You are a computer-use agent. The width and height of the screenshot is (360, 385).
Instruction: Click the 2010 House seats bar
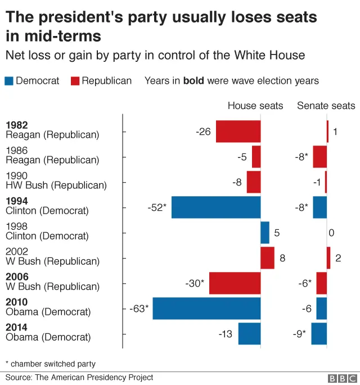click(206, 309)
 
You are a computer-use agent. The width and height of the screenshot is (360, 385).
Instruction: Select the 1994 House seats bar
click(216, 207)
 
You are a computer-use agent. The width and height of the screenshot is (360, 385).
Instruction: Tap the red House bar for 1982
click(238, 132)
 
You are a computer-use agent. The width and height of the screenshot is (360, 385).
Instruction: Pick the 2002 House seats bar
click(267, 258)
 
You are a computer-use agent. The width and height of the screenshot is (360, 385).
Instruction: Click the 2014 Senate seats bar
click(319, 334)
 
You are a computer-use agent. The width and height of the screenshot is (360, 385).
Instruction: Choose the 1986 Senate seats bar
click(320, 157)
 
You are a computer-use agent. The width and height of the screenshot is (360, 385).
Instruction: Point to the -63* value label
click(139, 309)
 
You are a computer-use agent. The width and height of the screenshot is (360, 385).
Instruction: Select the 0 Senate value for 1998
click(331, 233)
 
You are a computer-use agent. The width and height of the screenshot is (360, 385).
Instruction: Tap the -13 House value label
click(225, 334)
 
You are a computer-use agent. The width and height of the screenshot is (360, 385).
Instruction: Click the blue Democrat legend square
click(9, 81)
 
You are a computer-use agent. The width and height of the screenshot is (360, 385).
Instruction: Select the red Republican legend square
click(75, 81)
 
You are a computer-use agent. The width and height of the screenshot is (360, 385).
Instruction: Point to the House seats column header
click(255, 106)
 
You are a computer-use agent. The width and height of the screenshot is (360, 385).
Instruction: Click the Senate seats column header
click(326, 106)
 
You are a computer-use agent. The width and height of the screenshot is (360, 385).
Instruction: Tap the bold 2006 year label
click(16, 277)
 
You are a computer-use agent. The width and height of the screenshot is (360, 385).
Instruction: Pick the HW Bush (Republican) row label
click(56, 185)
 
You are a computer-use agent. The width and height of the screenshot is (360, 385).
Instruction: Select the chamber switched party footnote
click(51, 364)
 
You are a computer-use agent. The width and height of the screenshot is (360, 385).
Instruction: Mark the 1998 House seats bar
click(265, 233)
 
